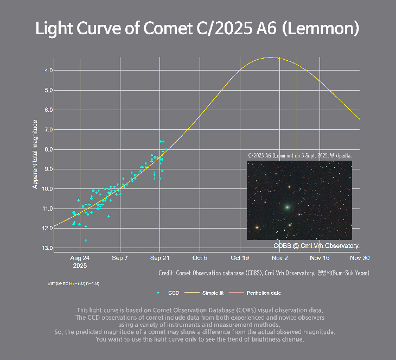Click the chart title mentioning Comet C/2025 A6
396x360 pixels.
click(197, 29)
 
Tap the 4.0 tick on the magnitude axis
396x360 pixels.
click(49, 71)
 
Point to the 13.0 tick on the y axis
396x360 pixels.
click(48, 248)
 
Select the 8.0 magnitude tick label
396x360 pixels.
click(49, 149)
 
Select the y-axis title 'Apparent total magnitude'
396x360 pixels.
click(35, 154)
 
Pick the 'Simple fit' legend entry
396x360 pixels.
click(213, 293)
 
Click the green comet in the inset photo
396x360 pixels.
click(286, 207)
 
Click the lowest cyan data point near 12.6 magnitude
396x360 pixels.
click(86, 239)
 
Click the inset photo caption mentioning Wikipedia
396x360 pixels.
click(299, 155)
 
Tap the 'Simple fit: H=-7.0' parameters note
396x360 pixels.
click(73, 283)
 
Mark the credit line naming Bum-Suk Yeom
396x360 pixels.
click(264, 273)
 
